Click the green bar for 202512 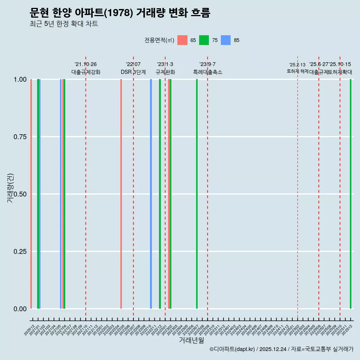(351, 194)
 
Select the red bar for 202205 (121, 194)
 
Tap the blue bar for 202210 (151, 194)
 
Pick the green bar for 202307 (197, 194)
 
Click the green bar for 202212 (160, 194)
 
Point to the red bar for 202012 (31, 194)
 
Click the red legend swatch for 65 (182, 40)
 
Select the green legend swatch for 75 (204, 40)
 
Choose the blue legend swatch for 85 (226, 40)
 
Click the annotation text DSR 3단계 (133, 72)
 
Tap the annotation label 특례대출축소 (208, 72)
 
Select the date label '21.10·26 (86, 64)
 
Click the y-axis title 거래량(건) (10, 188)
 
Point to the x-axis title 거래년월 (191, 340)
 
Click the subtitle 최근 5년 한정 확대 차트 (64, 24)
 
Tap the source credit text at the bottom (281, 349)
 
